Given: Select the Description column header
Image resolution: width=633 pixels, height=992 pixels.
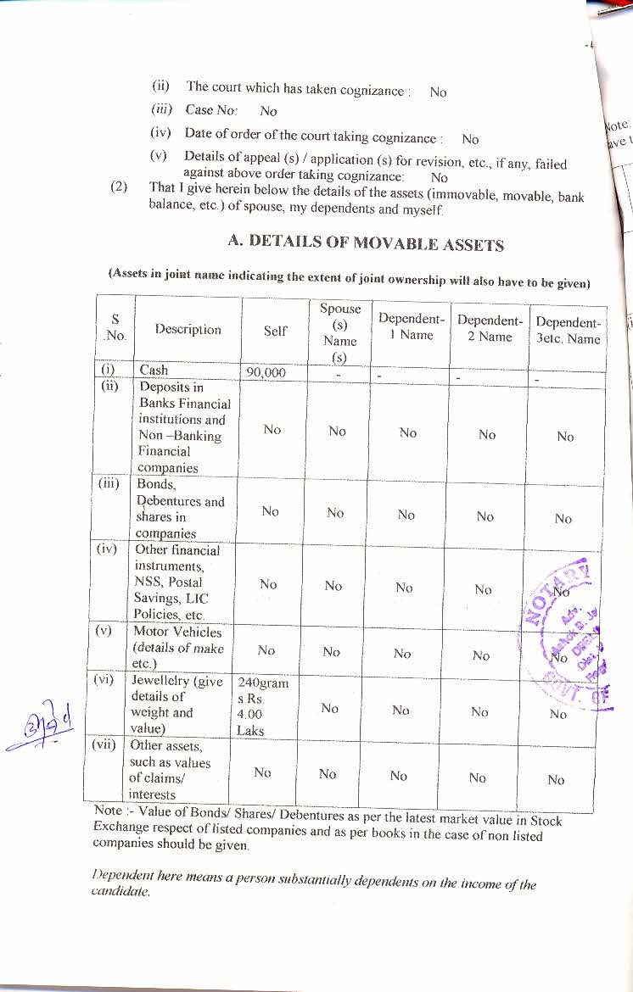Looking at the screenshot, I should point(188,330).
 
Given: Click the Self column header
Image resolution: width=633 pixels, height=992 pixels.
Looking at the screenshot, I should point(275,331).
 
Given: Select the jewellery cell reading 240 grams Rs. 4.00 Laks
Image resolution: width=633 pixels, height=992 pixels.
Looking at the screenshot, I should point(263,705).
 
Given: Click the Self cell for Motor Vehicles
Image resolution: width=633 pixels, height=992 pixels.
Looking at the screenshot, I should point(266,650).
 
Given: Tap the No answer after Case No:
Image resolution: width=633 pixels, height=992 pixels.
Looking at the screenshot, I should point(268,111).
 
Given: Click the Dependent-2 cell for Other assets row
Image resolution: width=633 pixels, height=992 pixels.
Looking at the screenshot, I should point(478,777).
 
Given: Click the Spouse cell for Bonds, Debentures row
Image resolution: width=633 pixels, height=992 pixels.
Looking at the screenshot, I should point(335,512).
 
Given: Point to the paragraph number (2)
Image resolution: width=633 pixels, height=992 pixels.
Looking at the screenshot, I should point(120,187).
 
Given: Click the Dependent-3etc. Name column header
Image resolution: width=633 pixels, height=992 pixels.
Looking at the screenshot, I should point(568,331).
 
